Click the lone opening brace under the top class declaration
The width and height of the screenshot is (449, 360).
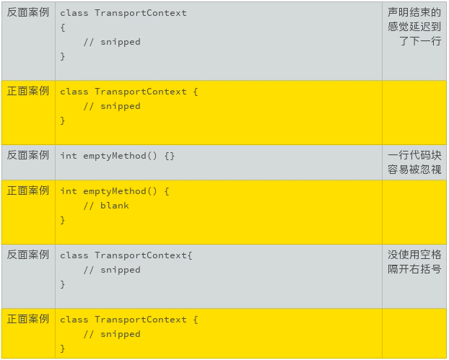63,27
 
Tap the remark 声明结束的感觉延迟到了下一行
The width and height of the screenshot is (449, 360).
414,27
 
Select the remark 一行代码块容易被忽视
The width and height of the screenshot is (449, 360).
414,162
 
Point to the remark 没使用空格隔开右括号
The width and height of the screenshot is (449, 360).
414,262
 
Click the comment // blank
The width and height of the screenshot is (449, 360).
106,206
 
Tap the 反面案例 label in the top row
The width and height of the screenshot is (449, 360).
28,12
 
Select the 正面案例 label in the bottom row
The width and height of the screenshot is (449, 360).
28,319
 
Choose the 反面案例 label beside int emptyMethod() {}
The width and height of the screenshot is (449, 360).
28,155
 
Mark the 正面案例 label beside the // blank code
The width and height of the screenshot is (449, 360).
28,190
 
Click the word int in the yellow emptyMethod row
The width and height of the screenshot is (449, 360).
69,191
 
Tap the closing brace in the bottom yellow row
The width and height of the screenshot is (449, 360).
63,348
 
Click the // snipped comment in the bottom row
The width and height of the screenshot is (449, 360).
112,334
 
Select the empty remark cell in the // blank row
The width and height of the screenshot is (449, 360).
414,212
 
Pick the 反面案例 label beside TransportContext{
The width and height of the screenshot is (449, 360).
28,255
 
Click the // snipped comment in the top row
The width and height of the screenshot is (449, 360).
112,42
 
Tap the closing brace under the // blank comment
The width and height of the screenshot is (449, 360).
63,220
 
